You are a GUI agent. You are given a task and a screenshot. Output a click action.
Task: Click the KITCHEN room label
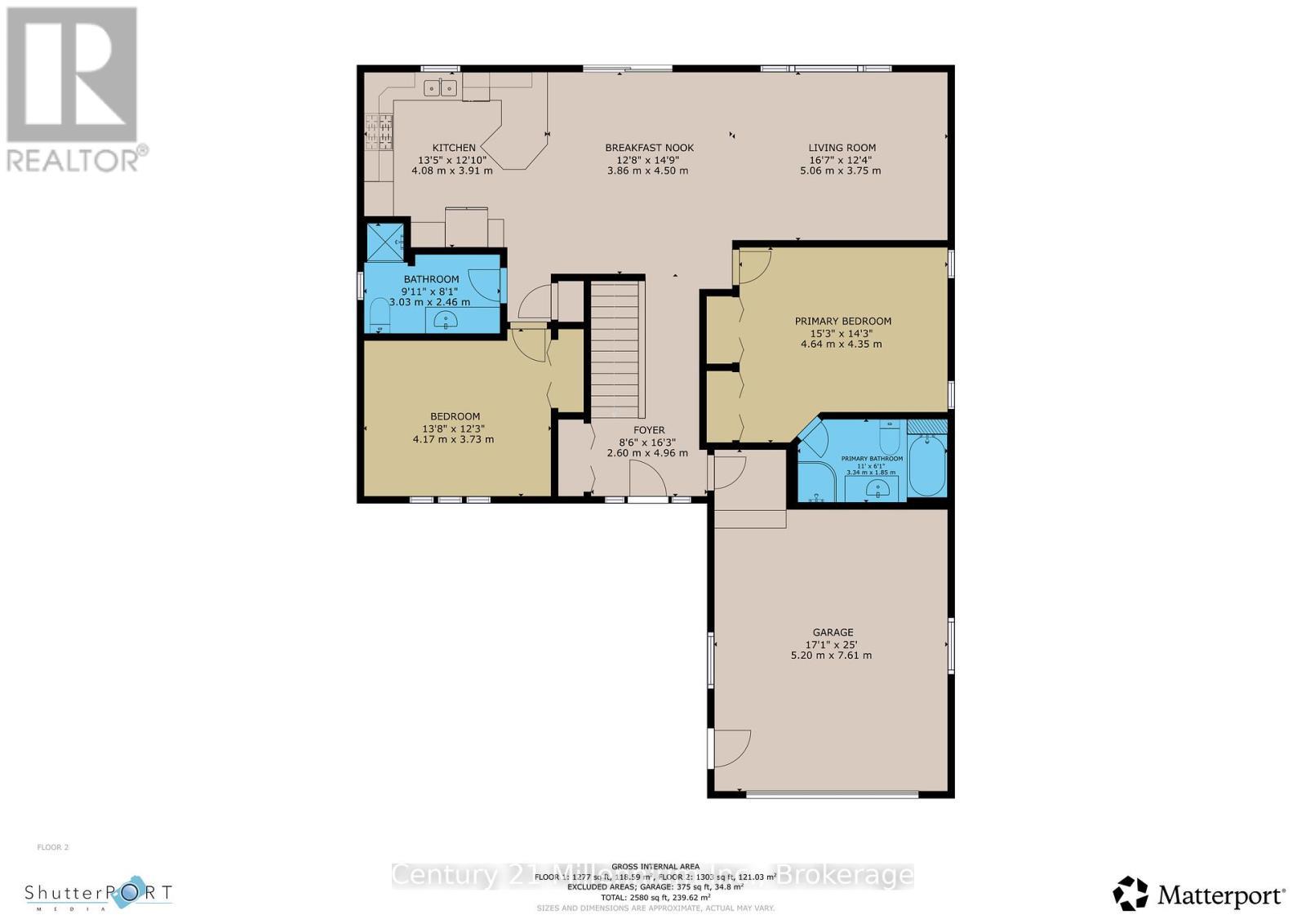tap(454, 148)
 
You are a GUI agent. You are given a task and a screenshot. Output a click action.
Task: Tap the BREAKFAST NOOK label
tap(649, 148)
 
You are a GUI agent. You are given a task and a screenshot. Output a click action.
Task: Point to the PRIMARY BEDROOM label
tap(842, 321)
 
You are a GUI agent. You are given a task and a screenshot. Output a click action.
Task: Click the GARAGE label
tap(833, 632)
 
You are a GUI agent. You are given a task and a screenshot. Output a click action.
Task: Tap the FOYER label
tap(649, 430)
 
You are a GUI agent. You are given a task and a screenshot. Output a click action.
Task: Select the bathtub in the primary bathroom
tap(927, 465)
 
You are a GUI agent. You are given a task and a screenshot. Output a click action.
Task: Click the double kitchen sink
tap(442, 87)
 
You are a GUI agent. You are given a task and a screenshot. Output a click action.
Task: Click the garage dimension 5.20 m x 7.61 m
tap(831, 655)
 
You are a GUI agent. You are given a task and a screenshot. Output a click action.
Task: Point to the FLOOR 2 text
tap(53, 847)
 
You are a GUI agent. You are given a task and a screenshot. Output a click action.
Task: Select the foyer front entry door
tap(649, 480)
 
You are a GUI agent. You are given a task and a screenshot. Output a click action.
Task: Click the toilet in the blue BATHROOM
tap(380, 315)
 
